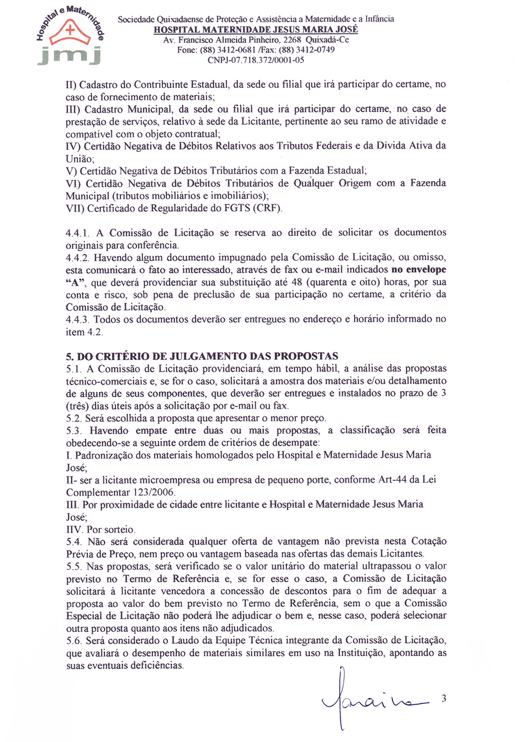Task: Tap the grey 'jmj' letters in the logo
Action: tap(69, 54)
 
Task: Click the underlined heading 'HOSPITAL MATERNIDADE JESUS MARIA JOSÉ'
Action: tap(256, 30)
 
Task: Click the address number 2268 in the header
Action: tap(292, 40)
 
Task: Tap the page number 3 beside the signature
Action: tap(444, 698)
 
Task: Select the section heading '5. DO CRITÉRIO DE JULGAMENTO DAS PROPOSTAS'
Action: tap(202, 356)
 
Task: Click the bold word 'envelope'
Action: tap(426, 270)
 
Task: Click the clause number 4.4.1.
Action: tap(78, 233)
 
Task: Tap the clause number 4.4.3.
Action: tap(78, 319)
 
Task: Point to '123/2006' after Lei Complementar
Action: tap(156, 492)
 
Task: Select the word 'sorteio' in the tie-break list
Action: tap(120, 529)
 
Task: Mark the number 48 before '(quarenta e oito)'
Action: tap(297, 282)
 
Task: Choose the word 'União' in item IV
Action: tap(79, 159)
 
